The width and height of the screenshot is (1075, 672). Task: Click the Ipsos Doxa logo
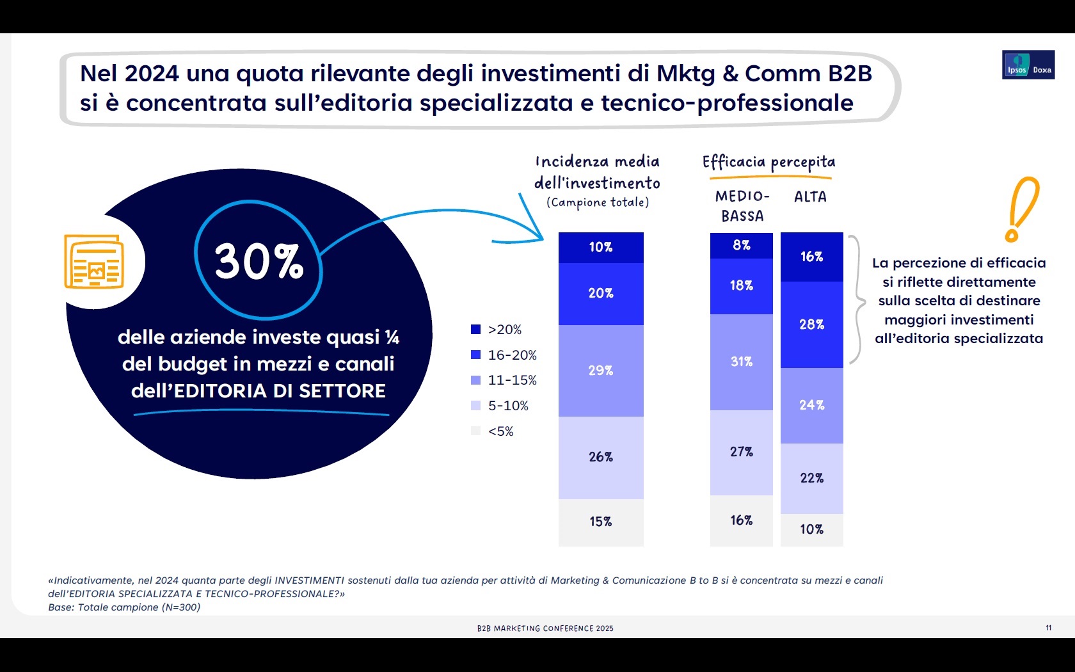1028,65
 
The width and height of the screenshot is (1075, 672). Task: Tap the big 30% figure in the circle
259,261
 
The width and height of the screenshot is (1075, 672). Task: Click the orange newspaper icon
94,262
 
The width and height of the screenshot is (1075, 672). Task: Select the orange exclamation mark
1021,209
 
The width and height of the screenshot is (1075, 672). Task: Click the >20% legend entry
497,330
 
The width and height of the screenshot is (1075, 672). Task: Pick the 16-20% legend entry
504,355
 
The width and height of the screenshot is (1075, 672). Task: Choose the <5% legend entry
493,431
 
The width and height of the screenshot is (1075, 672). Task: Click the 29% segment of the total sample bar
601,371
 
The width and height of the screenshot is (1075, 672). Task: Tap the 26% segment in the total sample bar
601,457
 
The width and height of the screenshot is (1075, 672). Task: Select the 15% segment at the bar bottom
601,522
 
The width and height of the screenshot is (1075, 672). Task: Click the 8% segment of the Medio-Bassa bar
741,245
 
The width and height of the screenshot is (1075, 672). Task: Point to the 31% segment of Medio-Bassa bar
741,362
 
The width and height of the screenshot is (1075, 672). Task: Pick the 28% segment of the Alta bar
811,324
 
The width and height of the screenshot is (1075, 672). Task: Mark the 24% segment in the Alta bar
811,405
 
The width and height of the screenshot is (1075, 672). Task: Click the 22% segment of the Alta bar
811,478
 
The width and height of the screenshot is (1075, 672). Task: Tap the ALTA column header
810,197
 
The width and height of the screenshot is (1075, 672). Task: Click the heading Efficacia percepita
768,163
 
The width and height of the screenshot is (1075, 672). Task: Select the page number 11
1048,628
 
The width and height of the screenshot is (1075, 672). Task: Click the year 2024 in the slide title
152,74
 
